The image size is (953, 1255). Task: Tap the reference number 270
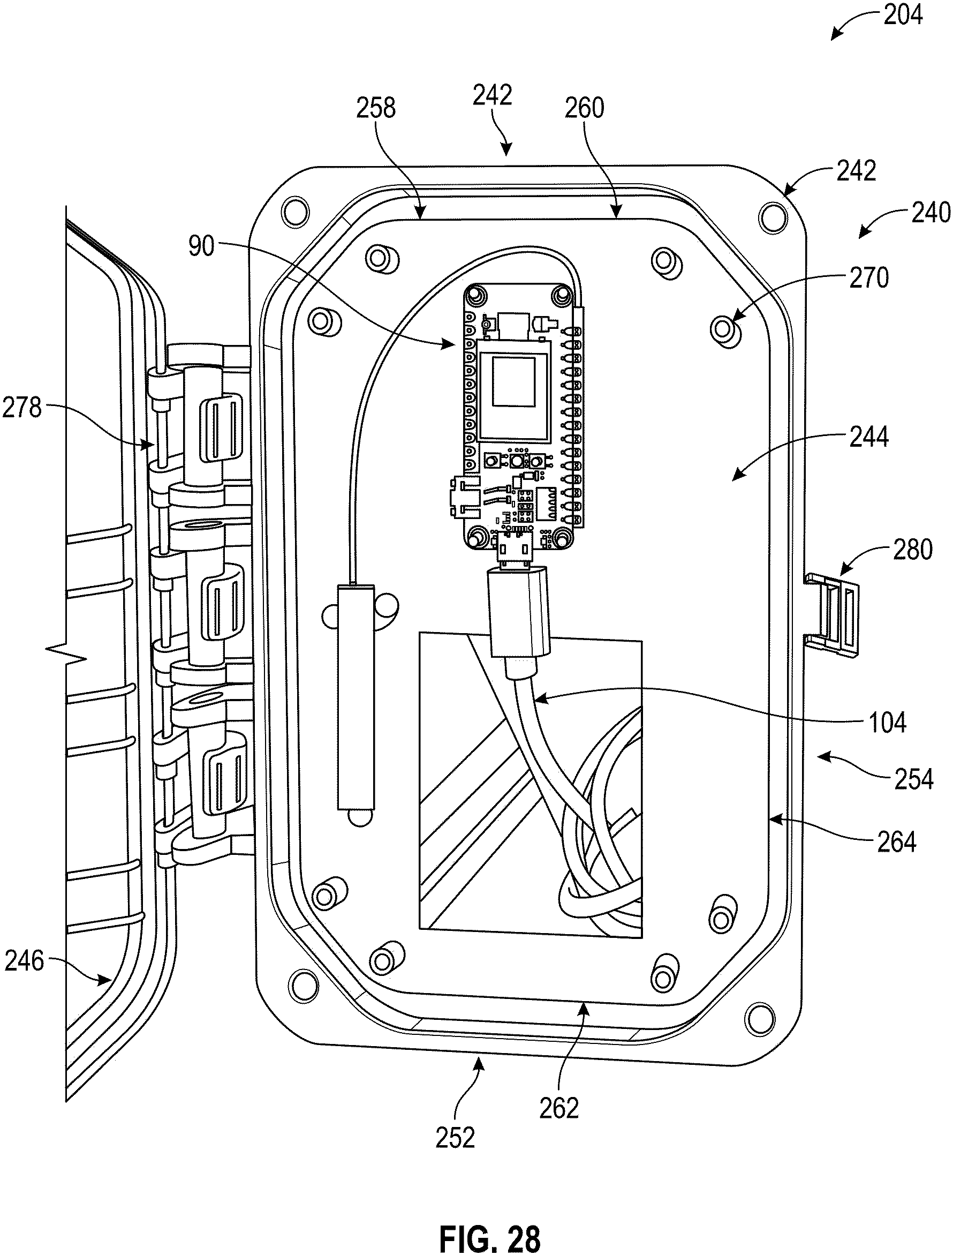(868, 279)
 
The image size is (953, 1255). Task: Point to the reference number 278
(21, 408)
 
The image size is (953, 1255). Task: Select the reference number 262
(559, 1108)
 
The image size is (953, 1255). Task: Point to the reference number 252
(456, 1138)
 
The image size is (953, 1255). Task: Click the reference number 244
(868, 438)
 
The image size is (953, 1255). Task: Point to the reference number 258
(375, 108)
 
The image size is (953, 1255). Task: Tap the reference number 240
(931, 213)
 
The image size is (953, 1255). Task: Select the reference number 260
(585, 108)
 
